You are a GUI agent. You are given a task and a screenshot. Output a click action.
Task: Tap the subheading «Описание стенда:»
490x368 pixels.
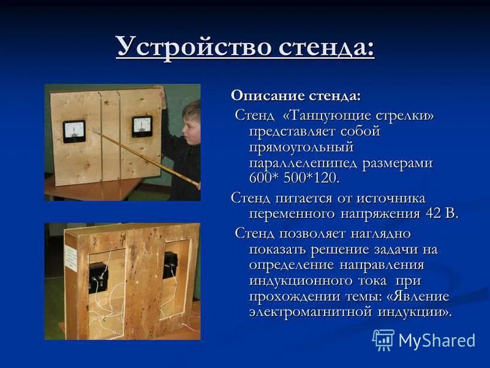(x=296, y=96)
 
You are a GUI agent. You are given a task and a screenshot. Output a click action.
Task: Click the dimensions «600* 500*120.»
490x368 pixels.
(x=294, y=178)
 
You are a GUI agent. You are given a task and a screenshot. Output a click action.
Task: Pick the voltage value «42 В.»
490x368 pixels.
(x=440, y=213)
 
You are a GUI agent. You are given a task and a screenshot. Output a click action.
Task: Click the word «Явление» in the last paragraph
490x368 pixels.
(x=422, y=296)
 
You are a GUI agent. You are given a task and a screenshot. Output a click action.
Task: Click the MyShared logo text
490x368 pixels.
(x=437, y=340)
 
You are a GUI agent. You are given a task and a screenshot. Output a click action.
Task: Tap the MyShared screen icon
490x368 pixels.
(x=383, y=340)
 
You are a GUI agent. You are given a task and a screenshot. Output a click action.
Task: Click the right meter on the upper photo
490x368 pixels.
(x=142, y=127)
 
